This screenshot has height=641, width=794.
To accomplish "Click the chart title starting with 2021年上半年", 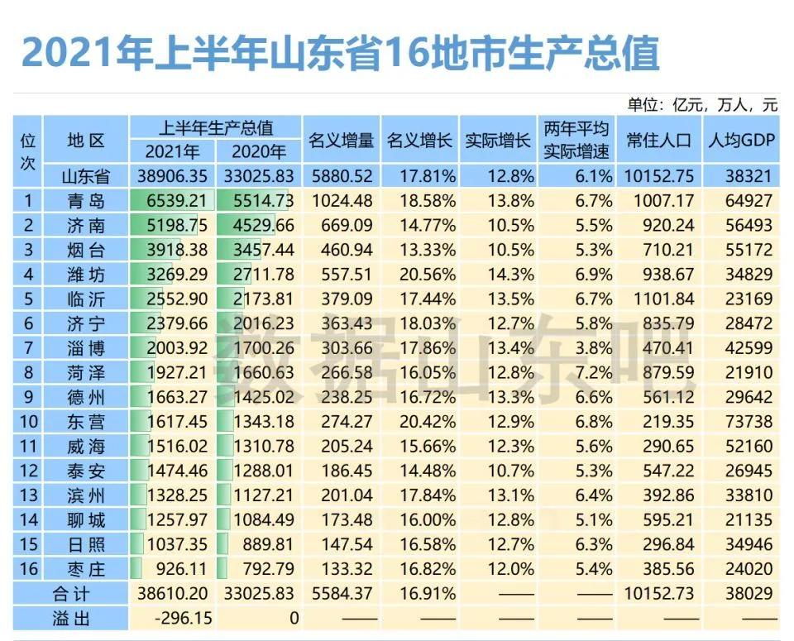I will pyautogui.click(x=340, y=53).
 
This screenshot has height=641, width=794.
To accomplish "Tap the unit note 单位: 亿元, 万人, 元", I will pyautogui.click(x=702, y=104).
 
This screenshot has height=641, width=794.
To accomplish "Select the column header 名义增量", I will pyautogui.click(x=341, y=140).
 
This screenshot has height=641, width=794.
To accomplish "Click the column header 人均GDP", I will pyautogui.click(x=741, y=140).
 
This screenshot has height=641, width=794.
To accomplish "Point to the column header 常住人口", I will pyautogui.click(x=658, y=140).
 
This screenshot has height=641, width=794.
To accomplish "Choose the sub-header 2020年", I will pyautogui.click(x=259, y=151).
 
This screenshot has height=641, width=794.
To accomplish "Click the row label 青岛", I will pyautogui.click(x=86, y=200).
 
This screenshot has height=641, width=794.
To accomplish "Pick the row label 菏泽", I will pyautogui.click(x=86, y=372).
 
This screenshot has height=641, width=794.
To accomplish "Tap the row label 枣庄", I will pyautogui.click(x=86, y=569).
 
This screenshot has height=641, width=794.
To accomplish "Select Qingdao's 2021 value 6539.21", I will pyautogui.click(x=173, y=200).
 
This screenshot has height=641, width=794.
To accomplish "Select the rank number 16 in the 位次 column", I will pyautogui.click(x=27, y=569).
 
